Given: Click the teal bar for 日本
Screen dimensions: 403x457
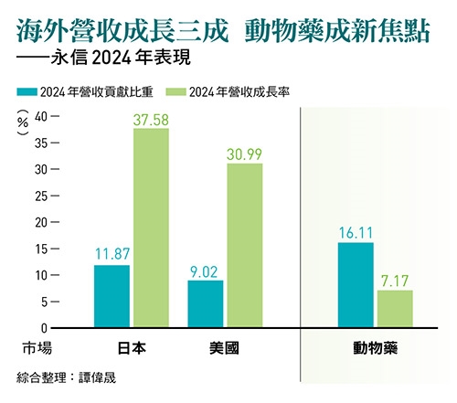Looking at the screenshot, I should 112,296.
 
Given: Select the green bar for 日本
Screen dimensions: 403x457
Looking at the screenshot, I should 151,228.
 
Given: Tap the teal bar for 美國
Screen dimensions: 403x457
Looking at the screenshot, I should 206,303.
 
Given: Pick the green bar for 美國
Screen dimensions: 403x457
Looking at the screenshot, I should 244,245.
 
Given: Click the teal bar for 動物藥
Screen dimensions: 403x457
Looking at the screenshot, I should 356,284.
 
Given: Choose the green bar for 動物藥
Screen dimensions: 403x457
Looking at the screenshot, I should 395,308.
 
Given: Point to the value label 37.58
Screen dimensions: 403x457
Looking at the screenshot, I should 151,119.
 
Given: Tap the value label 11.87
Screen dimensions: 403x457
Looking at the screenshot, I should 112,255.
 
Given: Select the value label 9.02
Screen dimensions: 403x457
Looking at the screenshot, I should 206,270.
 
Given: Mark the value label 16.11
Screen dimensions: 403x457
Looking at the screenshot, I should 356,233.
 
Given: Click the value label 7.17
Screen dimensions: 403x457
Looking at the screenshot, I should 395,281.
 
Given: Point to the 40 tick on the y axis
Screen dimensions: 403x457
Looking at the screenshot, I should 41,117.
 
